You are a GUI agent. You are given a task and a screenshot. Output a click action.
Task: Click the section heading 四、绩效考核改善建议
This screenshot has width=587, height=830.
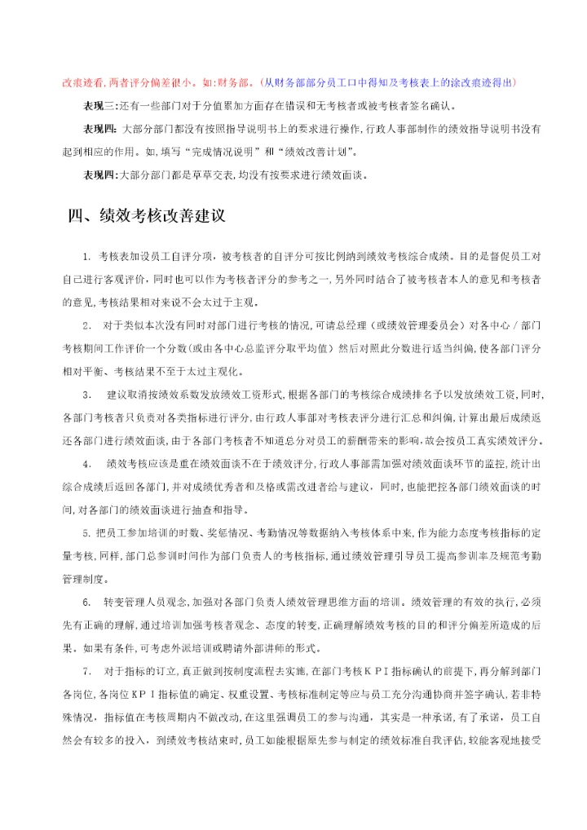click(146, 217)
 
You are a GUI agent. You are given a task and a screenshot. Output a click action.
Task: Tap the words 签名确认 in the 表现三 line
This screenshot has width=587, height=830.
click(435, 106)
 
